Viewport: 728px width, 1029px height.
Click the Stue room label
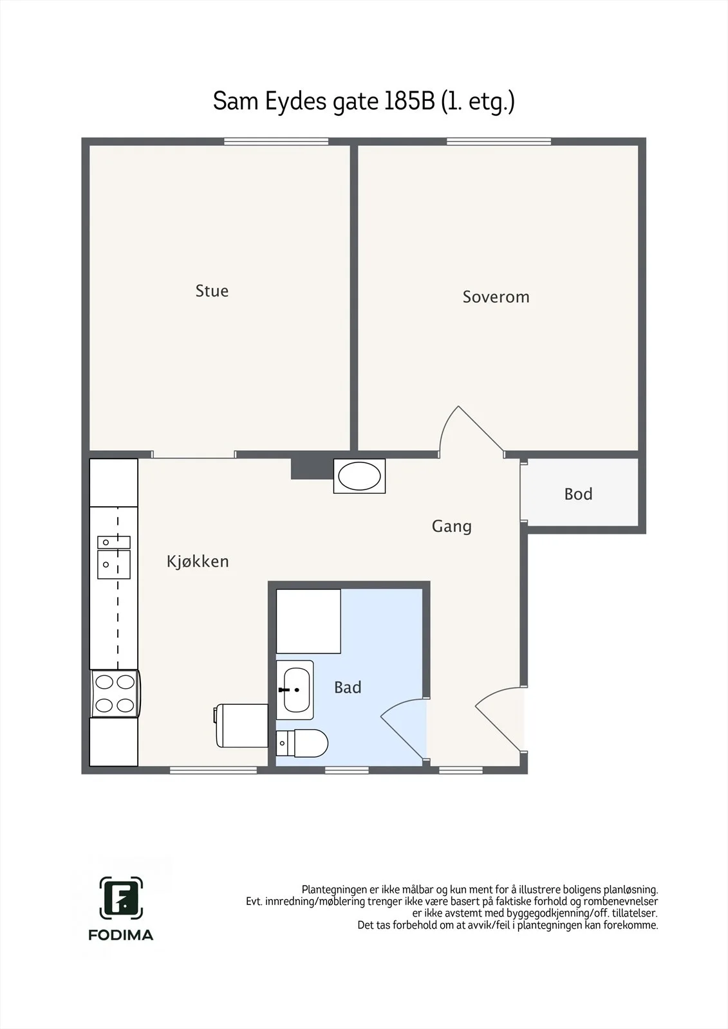point(212,291)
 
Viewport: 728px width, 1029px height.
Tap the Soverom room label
point(496,296)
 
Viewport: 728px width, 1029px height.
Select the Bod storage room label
point(578,494)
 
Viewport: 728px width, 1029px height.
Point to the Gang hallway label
point(452,527)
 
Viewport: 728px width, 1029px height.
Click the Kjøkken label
point(198,561)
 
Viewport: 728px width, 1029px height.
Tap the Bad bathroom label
point(348,688)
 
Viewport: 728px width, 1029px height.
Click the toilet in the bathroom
point(302,743)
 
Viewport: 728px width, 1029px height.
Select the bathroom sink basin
point(295,690)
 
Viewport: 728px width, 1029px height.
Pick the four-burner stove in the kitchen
point(115,693)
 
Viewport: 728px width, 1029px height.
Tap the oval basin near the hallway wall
point(359,476)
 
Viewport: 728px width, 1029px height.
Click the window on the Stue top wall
point(276,141)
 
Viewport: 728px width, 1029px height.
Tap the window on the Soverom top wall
point(498,141)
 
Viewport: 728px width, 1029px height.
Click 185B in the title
point(409,101)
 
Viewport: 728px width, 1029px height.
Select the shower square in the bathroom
point(308,621)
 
